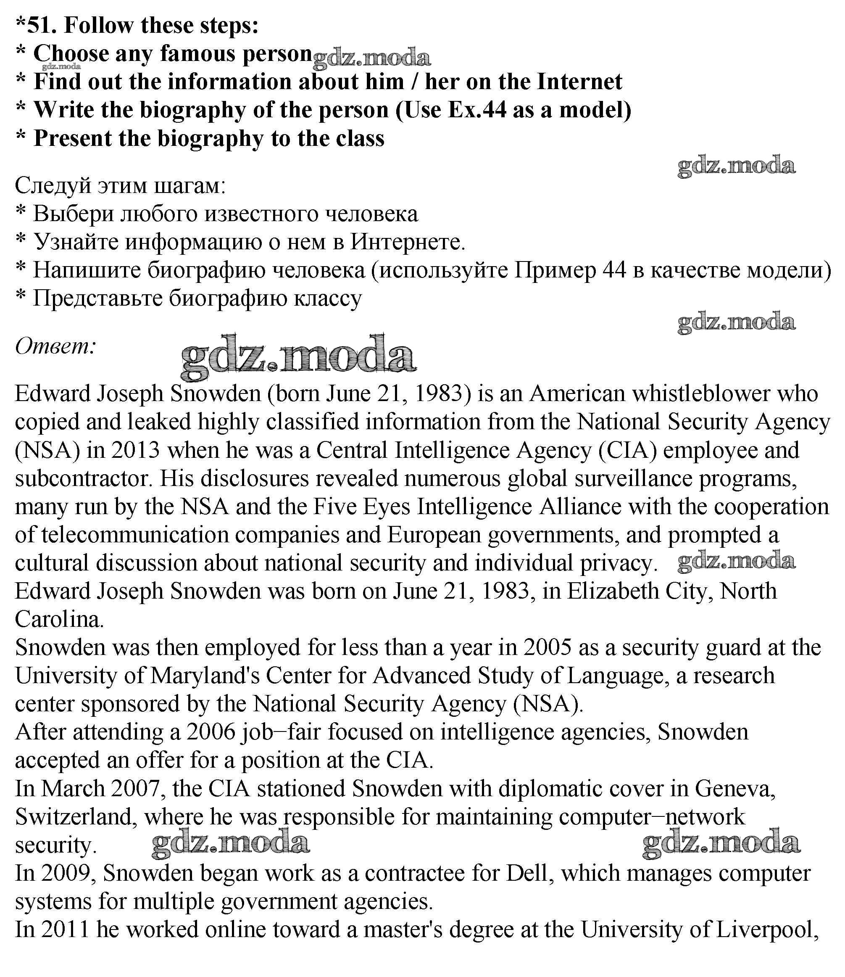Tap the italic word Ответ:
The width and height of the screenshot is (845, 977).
pyautogui.click(x=55, y=346)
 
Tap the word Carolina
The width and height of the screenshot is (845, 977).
pyautogui.click(x=59, y=619)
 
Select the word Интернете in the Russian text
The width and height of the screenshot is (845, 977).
pyautogui.click(x=408, y=242)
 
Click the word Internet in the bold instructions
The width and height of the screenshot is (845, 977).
pyautogui.click(x=579, y=82)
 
